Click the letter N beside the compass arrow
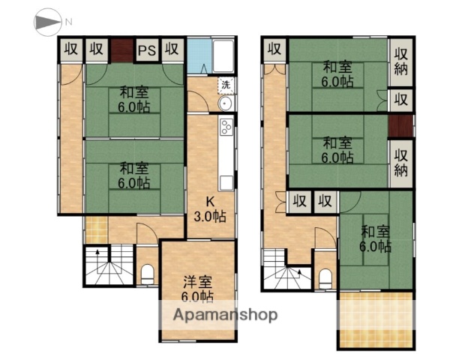coord(68,23)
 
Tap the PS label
coord(146,50)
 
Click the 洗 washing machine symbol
coord(225,85)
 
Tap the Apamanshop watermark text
coord(225,315)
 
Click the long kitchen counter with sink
coord(227,154)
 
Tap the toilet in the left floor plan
coord(147,274)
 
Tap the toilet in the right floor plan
coord(325,277)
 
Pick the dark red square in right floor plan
coord(400,126)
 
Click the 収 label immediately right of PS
coord(172,50)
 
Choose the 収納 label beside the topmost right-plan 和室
coord(401,63)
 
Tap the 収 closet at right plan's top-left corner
coord(274,49)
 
